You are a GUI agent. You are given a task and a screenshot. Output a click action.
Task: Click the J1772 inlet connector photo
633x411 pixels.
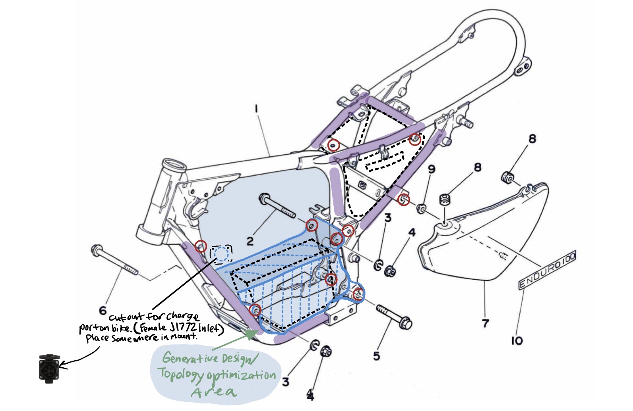pos(49,368)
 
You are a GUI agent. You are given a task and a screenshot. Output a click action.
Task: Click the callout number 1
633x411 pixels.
pos(257,108)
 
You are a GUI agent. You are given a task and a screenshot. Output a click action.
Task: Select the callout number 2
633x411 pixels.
pos(250,241)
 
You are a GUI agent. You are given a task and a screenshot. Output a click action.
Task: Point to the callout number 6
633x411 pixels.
pos(103,310)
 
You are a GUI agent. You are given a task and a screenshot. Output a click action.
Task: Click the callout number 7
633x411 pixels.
pos(485,323)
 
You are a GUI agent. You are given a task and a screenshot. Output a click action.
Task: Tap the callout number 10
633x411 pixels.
pos(517,340)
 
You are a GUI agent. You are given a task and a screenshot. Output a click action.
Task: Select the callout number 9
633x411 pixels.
pos(432,169)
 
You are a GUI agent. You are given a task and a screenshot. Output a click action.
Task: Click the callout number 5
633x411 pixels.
pos(377,356)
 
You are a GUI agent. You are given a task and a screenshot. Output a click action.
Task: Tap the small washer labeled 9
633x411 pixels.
pos(420,207)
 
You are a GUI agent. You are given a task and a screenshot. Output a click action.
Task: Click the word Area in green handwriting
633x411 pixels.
pos(213,392)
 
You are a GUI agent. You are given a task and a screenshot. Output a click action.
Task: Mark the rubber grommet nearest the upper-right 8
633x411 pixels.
pos(507,177)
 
